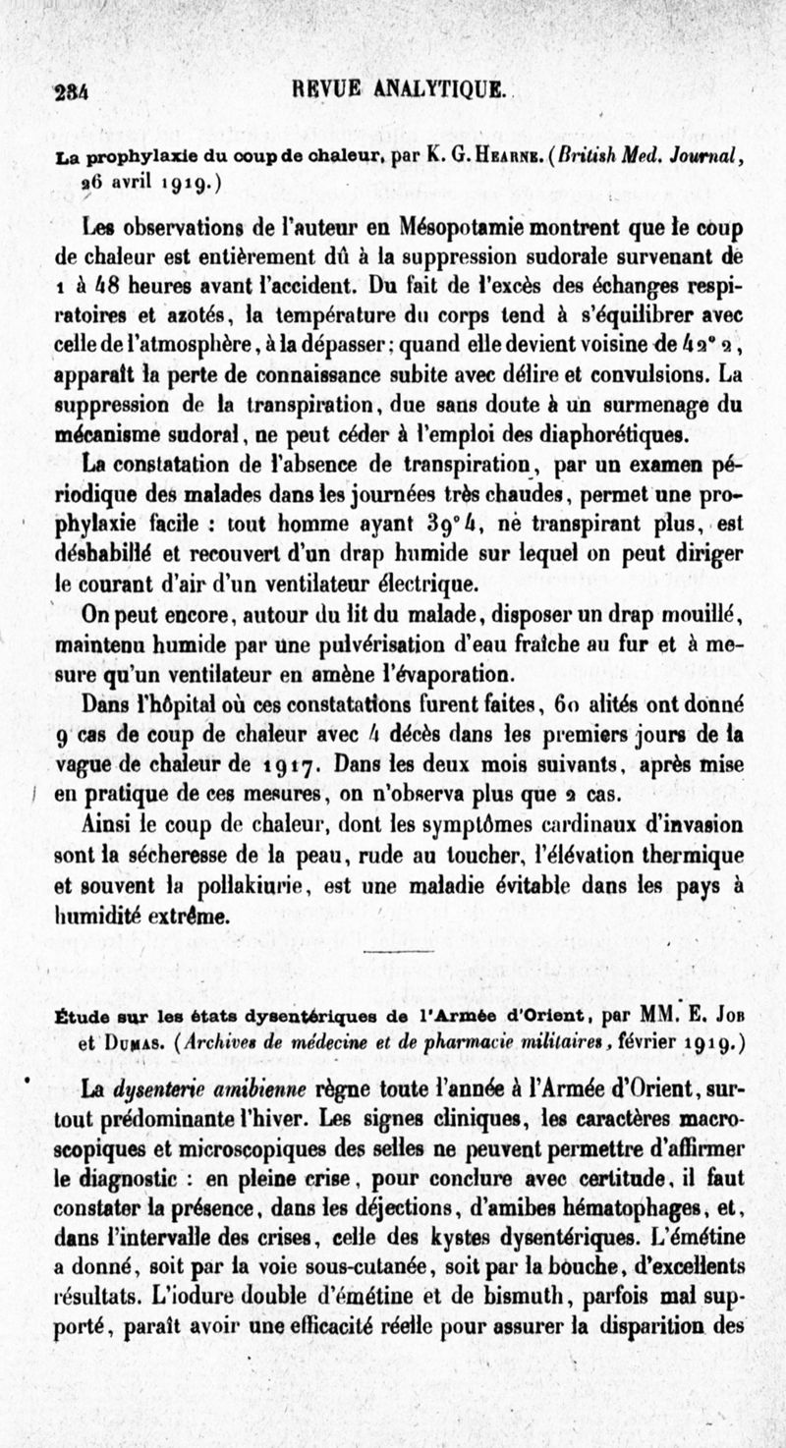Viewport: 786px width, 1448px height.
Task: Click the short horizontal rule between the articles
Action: click(398, 951)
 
